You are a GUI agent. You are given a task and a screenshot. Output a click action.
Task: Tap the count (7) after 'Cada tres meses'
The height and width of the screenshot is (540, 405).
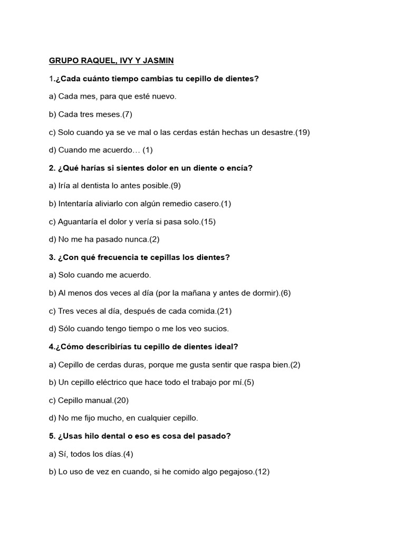click(x=127, y=114)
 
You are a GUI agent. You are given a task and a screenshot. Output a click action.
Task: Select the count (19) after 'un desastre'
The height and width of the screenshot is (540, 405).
click(x=302, y=132)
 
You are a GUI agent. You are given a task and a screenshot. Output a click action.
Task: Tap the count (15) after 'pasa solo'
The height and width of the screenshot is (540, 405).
click(x=208, y=222)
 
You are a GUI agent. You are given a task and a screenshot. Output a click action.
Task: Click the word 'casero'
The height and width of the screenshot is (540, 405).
click(x=206, y=204)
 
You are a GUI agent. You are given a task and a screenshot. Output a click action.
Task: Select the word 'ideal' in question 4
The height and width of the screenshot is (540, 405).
click(x=225, y=347)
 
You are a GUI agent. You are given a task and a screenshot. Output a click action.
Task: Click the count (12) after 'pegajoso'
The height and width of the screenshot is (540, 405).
click(x=262, y=472)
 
